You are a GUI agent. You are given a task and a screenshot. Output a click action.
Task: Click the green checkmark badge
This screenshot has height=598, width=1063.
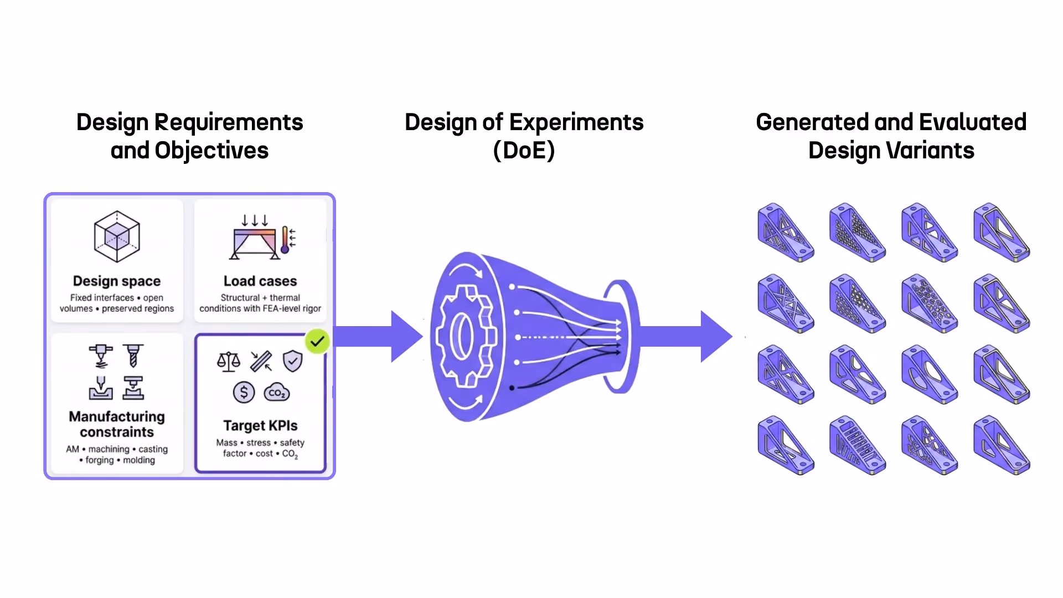(317, 342)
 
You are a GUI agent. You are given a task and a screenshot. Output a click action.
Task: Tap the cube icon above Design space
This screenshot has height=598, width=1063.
(117, 236)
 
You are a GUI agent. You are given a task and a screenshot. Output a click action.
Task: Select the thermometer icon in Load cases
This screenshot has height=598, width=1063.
(285, 239)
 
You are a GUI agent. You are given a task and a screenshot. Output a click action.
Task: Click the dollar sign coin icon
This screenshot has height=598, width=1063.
(244, 393)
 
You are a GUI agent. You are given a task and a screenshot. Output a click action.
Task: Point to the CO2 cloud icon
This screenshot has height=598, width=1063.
(277, 393)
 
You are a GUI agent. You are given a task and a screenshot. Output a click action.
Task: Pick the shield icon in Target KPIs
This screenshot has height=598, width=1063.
(292, 361)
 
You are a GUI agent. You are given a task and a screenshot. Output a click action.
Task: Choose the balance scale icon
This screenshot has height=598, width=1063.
(229, 362)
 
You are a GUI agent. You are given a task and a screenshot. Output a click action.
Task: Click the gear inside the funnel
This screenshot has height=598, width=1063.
(465, 336)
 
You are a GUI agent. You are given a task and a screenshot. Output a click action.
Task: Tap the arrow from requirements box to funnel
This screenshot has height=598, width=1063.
(379, 336)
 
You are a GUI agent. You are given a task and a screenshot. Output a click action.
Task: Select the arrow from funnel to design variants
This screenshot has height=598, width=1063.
(687, 336)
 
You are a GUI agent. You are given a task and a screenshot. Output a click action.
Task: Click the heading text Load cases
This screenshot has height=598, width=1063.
(260, 281)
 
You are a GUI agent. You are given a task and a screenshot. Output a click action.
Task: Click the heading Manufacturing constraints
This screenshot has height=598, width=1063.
(117, 424)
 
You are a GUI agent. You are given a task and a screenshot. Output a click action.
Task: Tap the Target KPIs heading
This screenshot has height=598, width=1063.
(260, 425)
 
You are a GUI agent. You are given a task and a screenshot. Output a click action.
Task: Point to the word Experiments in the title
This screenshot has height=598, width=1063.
(576, 123)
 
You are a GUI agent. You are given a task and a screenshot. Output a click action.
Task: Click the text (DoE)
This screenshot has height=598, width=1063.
(524, 151)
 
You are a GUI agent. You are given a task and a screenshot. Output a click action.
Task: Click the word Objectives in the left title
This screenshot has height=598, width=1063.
(211, 151)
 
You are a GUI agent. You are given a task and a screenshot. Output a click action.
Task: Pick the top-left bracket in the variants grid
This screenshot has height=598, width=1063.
(786, 233)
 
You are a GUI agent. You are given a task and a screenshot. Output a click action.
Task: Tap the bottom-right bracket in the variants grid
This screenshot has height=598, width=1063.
(1002, 446)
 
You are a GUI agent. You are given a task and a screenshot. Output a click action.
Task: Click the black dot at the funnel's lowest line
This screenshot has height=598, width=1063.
(512, 388)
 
